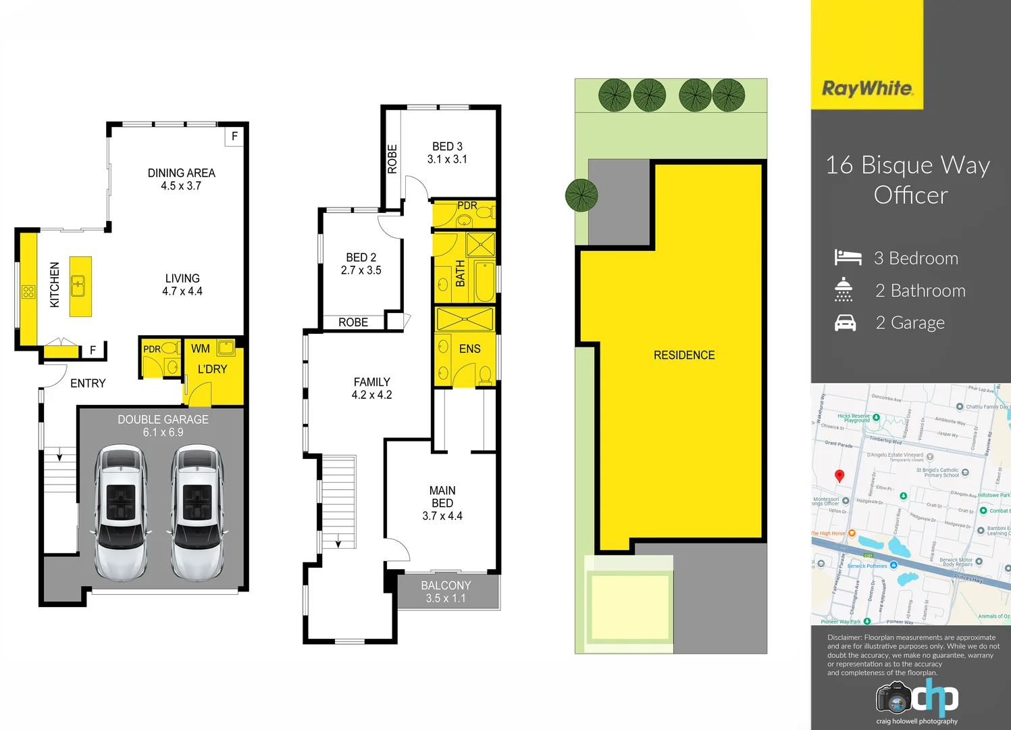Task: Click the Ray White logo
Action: [867, 89]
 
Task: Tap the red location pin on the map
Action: [839, 475]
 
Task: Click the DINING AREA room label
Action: [181, 173]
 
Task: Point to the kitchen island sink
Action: [79, 286]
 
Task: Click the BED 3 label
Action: [447, 147]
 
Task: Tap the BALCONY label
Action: [446, 585]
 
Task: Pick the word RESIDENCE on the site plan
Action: [684, 355]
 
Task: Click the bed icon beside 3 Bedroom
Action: [848, 258]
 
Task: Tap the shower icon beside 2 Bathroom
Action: [844, 289]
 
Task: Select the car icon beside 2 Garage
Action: [846, 323]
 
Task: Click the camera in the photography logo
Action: [894, 698]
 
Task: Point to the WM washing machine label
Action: [201, 349]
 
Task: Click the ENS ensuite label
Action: [469, 349]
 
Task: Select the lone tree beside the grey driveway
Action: [581, 195]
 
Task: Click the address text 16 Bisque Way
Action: [908, 165]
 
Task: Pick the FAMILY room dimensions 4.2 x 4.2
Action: [371, 395]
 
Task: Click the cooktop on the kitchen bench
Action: [28, 292]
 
